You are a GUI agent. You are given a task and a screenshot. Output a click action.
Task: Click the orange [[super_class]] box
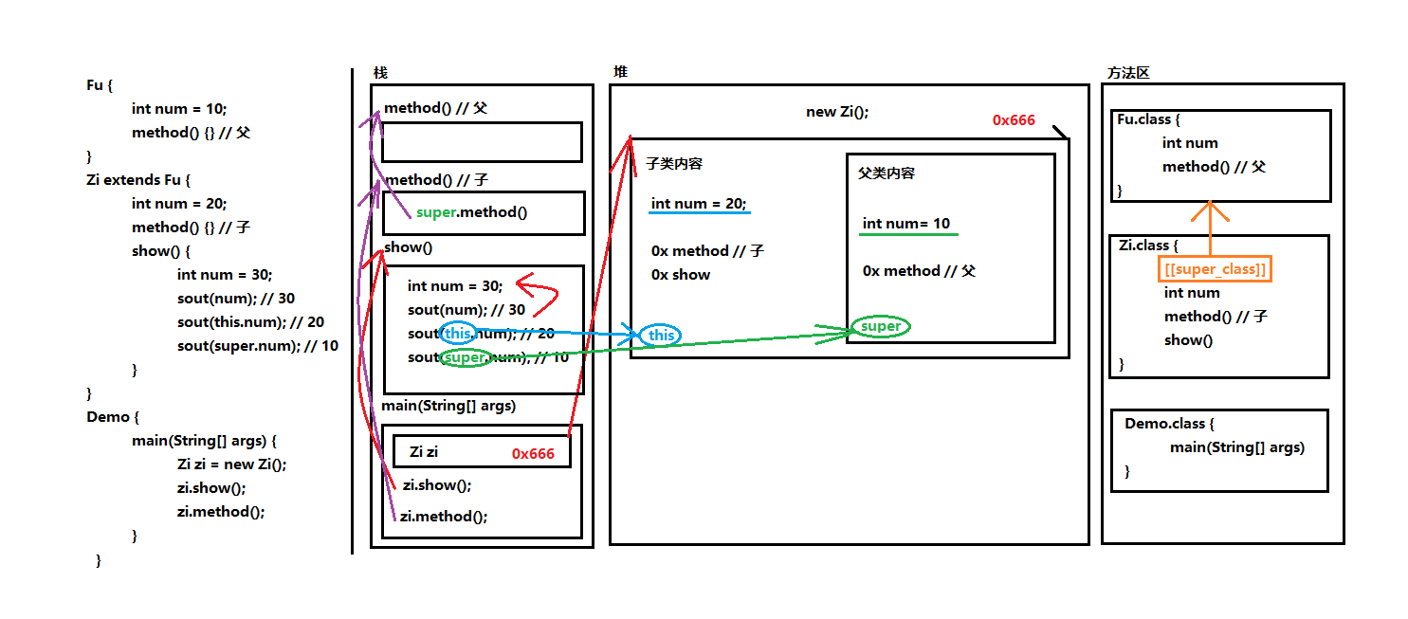(x=1213, y=269)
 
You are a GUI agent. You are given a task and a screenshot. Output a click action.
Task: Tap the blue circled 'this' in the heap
(x=661, y=335)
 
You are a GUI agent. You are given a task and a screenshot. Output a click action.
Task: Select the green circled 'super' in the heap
(x=880, y=326)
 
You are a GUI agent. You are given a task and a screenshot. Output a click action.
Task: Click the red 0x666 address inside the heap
(x=1014, y=120)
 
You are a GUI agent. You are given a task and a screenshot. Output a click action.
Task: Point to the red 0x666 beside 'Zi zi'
(x=533, y=453)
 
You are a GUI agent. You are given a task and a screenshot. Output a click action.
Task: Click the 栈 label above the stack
(x=380, y=73)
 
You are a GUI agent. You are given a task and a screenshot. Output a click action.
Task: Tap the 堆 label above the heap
(x=620, y=72)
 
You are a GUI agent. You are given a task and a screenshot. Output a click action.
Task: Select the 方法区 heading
(x=1128, y=73)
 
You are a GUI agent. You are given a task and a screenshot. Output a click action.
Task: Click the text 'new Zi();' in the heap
(x=837, y=112)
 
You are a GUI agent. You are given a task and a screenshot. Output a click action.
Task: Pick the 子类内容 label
(x=673, y=164)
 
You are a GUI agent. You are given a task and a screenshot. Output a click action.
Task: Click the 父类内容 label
(x=887, y=173)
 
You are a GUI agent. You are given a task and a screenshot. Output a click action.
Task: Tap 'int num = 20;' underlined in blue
(x=699, y=203)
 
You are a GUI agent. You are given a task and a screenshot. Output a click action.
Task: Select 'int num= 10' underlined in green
(x=906, y=224)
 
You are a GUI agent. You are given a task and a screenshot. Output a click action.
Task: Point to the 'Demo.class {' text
(x=1169, y=423)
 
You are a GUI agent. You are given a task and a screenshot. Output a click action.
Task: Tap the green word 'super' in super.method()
(x=436, y=212)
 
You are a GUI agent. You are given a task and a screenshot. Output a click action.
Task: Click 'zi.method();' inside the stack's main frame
(x=443, y=517)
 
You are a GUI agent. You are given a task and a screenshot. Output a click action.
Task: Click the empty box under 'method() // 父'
(x=482, y=142)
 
